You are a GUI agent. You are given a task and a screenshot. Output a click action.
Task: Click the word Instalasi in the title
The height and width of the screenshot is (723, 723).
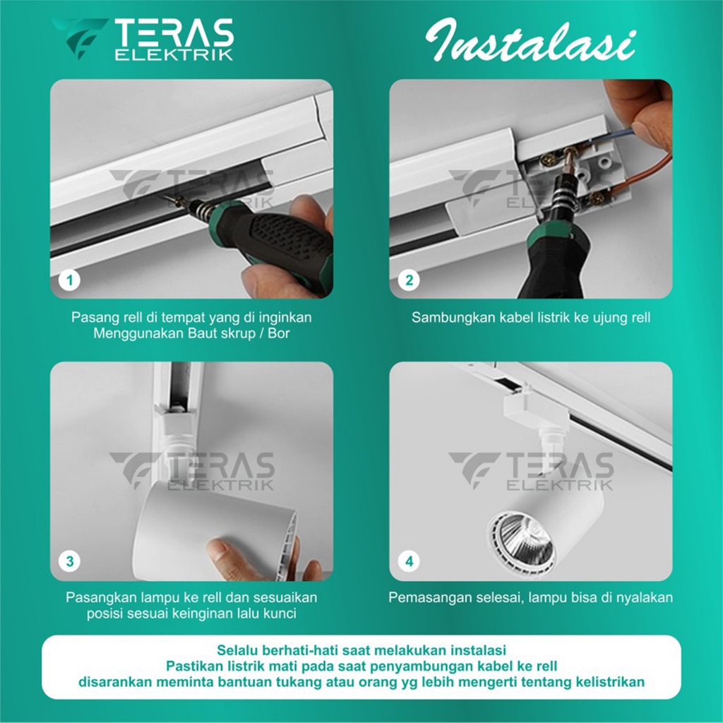(530, 40)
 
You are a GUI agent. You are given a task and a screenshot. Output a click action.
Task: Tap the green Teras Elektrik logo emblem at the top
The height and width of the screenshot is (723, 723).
(79, 38)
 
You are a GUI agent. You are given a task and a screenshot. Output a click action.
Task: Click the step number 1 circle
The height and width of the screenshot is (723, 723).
(70, 280)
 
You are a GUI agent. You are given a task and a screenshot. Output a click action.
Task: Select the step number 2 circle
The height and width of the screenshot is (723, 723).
(409, 280)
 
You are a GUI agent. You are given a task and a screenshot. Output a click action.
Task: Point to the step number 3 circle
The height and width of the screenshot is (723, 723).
(70, 561)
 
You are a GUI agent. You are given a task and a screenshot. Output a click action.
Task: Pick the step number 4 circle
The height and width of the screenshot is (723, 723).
(409, 561)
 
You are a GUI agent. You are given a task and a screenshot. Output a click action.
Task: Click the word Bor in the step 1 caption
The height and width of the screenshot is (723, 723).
(278, 333)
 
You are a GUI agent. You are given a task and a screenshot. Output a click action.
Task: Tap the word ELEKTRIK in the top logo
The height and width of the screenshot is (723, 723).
(174, 55)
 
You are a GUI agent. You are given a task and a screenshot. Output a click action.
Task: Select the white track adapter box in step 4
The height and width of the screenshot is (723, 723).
(536, 410)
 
